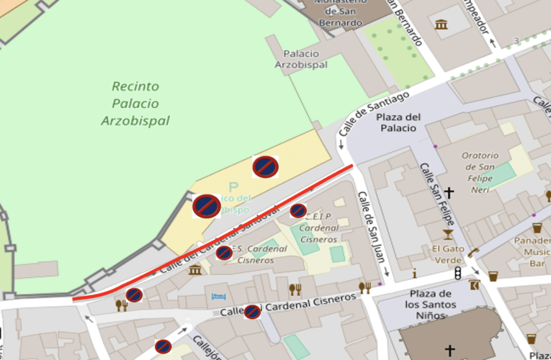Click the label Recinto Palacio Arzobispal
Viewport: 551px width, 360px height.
[x=135, y=104]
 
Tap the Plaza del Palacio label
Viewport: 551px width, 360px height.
[x=398, y=122]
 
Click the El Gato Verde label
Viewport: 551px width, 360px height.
[x=448, y=254]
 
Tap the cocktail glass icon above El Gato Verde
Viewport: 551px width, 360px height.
[x=448, y=234]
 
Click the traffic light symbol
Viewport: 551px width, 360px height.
[x=457, y=274]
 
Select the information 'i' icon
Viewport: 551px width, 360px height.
[x=414, y=274]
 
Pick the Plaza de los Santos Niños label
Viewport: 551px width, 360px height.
[x=430, y=300]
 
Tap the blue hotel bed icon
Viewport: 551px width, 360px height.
[x=218, y=297]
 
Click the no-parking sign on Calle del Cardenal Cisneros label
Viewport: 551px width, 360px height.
[x=252, y=312]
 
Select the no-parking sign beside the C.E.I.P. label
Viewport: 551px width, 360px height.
[x=298, y=210]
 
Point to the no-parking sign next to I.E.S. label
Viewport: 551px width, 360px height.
[x=224, y=253]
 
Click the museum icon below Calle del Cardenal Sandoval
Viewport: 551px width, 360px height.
[x=195, y=270]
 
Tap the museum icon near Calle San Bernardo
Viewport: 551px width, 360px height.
[x=441, y=25]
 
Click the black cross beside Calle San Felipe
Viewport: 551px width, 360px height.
[x=449, y=192]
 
